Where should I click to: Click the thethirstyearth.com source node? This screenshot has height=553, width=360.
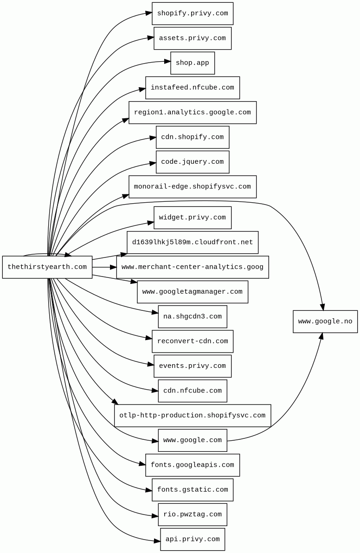[47, 267]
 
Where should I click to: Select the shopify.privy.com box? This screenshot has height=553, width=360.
[193, 13]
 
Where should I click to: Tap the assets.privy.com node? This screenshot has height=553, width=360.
[193, 38]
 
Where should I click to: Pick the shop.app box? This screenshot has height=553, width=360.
[193, 63]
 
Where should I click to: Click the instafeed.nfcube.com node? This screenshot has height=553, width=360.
[193, 88]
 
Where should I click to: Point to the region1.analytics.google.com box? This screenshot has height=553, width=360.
[193, 113]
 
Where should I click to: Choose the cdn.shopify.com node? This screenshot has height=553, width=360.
[193, 137]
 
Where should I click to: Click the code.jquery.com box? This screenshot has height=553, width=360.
[193, 162]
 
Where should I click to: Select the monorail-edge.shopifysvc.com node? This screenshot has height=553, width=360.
[193, 187]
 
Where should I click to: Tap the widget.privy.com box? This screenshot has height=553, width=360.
[193, 218]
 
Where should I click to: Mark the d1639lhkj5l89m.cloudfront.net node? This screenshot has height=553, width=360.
[193, 243]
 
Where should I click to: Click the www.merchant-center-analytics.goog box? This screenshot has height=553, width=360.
[193, 267]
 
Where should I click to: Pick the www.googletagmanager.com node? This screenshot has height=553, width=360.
[193, 292]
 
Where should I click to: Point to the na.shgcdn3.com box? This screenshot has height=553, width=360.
[193, 317]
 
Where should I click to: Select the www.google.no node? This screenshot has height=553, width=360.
[325, 322]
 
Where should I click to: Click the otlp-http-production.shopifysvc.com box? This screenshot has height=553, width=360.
[193, 416]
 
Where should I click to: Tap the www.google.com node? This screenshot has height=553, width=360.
[193, 440]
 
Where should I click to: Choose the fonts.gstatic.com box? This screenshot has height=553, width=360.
[193, 490]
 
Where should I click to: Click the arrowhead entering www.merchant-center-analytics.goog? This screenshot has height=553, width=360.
[113, 267]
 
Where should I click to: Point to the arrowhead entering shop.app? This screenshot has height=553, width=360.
[167, 61]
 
